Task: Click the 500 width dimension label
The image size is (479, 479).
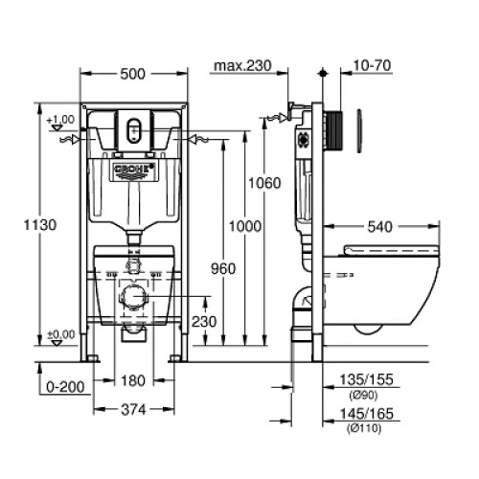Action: (132, 74)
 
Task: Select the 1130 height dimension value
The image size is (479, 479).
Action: (40, 225)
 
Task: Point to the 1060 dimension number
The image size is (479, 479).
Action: (264, 183)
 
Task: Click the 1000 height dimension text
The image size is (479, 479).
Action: (245, 226)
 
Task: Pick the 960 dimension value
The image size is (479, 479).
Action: (223, 268)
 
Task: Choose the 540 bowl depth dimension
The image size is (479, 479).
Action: (380, 227)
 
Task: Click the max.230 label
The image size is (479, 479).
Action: (242, 66)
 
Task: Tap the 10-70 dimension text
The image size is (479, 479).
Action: (372, 65)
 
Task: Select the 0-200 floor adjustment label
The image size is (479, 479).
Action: (65, 387)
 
